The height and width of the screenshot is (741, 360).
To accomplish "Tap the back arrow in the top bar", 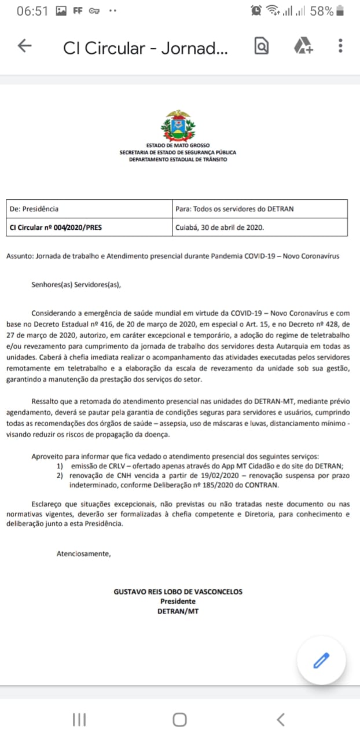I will [x=24, y=46].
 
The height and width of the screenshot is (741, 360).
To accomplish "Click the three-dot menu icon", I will [x=340, y=46].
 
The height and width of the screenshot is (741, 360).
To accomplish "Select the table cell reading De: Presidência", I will [x=34, y=209].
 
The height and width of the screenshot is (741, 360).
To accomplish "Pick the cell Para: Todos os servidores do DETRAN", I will [x=234, y=209].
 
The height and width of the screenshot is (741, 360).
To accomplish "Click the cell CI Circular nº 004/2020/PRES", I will [x=55, y=228].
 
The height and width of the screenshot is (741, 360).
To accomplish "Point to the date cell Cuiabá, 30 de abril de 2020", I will [x=219, y=228].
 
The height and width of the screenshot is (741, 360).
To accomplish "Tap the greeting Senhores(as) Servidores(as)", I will [x=77, y=284].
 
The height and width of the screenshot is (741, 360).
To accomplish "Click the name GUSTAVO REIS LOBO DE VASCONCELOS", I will [x=178, y=592].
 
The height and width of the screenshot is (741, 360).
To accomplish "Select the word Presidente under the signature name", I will [x=178, y=601].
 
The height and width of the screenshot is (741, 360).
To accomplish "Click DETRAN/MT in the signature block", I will [x=178, y=611].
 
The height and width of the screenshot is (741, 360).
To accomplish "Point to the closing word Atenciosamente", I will [x=83, y=553].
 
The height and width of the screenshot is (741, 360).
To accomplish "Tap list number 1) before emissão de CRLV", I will [x=60, y=466].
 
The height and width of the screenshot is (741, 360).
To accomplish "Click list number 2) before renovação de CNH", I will [x=60, y=476].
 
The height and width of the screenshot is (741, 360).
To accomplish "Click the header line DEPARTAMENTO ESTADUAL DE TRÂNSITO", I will [x=178, y=159].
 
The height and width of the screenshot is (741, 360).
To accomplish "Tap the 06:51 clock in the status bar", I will [x=32, y=11].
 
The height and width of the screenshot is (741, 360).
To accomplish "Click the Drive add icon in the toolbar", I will [x=303, y=46].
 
